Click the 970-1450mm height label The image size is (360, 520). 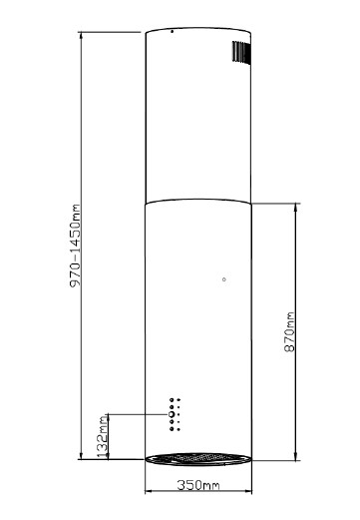pyautogui.click(x=75, y=246)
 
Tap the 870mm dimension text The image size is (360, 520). pyautogui.click(x=289, y=331)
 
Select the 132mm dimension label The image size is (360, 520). pyautogui.click(x=103, y=436)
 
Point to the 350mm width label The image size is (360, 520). pyautogui.click(x=198, y=485)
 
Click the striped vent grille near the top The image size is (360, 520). pyautogui.click(x=241, y=52)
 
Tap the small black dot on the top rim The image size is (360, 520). pyautogui.click(x=172, y=32)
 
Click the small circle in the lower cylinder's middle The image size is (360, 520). pyautogui.click(x=224, y=279)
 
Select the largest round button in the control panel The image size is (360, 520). pyautogui.click(x=172, y=414)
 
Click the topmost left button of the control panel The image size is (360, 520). pyautogui.click(x=172, y=399)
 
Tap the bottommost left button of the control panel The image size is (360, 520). pyautogui.click(x=172, y=429)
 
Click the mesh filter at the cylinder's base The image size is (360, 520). pyautogui.click(x=198, y=458)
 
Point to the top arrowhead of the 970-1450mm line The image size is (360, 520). pyautogui.click(x=81, y=36)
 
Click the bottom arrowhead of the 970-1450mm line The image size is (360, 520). pyautogui.click(x=81, y=455)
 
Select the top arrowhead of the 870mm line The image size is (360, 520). pyautogui.click(x=296, y=208)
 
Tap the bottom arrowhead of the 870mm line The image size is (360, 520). pyautogui.click(x=296, y=456)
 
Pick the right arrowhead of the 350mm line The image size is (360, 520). pyautogui.click(x=247, y=491)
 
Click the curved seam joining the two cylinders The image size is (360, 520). pyautogui.click(x=198, y=200)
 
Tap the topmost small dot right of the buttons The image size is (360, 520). pyautogui.click(x=179, y=399)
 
